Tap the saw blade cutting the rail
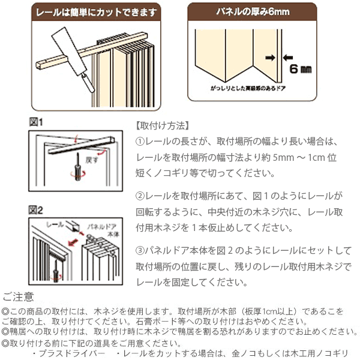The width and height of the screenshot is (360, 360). [67, 49]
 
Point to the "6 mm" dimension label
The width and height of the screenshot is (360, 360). [300, 69]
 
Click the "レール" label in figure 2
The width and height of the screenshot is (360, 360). [55, 223]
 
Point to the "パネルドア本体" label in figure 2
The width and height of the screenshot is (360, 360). [102, 231]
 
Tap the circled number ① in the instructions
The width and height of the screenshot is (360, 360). [141, 142]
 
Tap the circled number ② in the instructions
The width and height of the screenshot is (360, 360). [141, 196]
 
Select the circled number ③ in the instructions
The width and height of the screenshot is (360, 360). [141, 250]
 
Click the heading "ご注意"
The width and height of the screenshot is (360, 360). [18, 296]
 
